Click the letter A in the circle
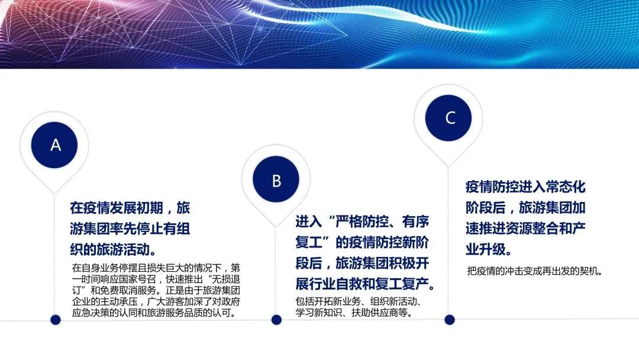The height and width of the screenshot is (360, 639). point(56,145)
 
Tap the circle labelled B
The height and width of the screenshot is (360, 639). point(276,179)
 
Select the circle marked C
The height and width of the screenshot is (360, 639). point(448,118)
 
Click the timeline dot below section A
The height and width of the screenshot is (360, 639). point(56,320)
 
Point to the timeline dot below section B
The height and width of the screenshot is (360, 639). point(276,320)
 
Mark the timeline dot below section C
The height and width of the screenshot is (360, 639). point(450,320)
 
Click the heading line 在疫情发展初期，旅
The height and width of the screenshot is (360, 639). point(130,208)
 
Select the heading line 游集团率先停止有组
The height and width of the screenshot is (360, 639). point(130,229)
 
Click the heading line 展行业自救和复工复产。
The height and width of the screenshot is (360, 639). point(365,284)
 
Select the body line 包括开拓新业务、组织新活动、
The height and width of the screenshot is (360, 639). point(358,301)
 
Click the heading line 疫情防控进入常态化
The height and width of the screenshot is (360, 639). point(525,187)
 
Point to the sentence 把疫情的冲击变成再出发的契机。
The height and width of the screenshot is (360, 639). point(535,271)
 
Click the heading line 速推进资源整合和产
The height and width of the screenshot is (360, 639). point(525,229)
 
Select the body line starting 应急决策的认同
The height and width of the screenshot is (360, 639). point(154,313)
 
